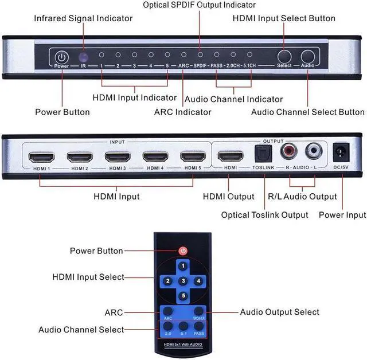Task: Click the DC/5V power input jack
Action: [342, 153]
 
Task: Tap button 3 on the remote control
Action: [182, 280]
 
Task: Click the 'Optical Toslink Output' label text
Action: [265, 215]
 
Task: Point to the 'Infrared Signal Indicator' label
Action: [83, 18]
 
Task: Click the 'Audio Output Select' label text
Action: [280, 312]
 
